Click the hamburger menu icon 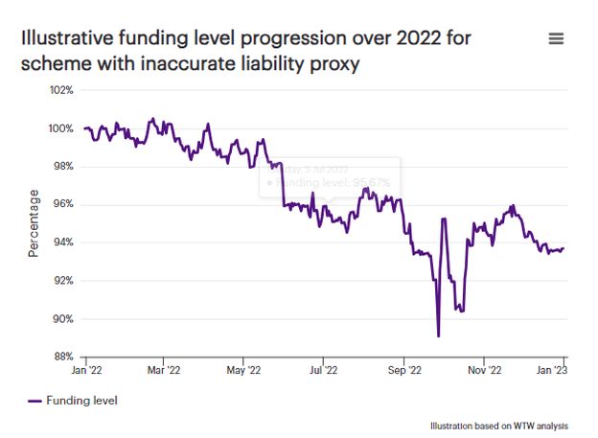[x=556, y=38]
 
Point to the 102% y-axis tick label [x=61, y=90]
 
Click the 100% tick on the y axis [x=61, y=128]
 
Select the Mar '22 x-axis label [x=165, y=369]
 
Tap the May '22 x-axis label [x=244, y=369]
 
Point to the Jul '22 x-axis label [x=324, y=369]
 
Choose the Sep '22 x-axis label [x=404, y=369]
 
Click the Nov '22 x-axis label [x=484, y=369]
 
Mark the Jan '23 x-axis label [x=563, y=369]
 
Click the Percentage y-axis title [x=34, y=223]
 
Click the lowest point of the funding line [x=438, y=335]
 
